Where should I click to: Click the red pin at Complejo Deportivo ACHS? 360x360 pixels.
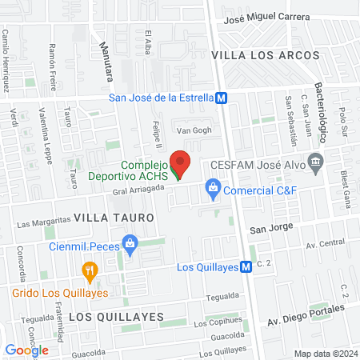pos(182,163)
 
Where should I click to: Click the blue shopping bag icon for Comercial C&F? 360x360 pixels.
pos(213,190)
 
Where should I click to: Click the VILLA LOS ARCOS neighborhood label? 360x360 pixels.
pos(265,55)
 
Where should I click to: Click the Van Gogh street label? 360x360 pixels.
pos(192,130)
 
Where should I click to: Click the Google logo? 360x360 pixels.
pos(26,350)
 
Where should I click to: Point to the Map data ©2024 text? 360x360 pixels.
pos(324,354)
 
